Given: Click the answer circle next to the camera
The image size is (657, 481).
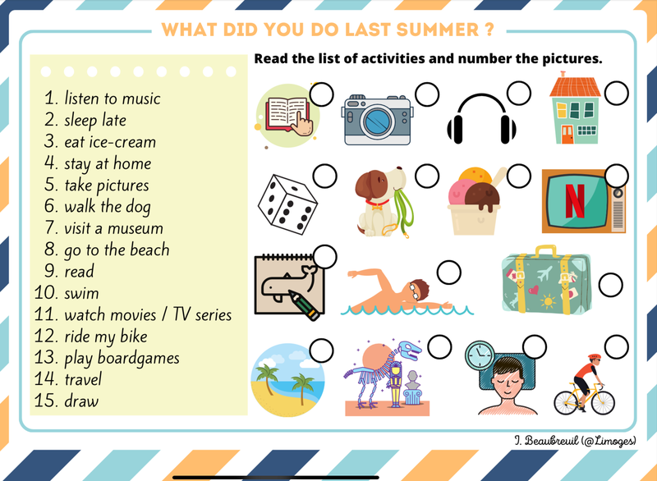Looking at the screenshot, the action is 427,94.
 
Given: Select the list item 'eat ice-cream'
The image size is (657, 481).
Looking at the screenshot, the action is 110,142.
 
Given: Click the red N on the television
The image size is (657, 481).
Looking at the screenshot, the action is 575,201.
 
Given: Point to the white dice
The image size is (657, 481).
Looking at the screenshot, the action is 287,204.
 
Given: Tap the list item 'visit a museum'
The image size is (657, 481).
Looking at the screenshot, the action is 113,228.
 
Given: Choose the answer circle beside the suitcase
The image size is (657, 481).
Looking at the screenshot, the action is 610,285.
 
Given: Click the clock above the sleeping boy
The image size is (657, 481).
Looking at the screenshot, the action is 480,355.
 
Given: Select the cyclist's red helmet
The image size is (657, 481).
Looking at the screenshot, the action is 595,357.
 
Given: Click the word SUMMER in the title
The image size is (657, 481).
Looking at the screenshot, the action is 437,30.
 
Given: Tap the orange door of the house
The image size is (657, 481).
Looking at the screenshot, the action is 567,135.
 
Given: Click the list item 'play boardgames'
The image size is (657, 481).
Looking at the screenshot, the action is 122,359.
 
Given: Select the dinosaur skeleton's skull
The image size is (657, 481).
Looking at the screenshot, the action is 409,350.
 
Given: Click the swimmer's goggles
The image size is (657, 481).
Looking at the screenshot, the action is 414,291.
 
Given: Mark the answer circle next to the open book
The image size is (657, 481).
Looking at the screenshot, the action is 321,94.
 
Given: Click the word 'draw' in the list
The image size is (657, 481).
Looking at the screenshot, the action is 81,401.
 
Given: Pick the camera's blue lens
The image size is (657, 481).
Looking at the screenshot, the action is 378,121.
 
